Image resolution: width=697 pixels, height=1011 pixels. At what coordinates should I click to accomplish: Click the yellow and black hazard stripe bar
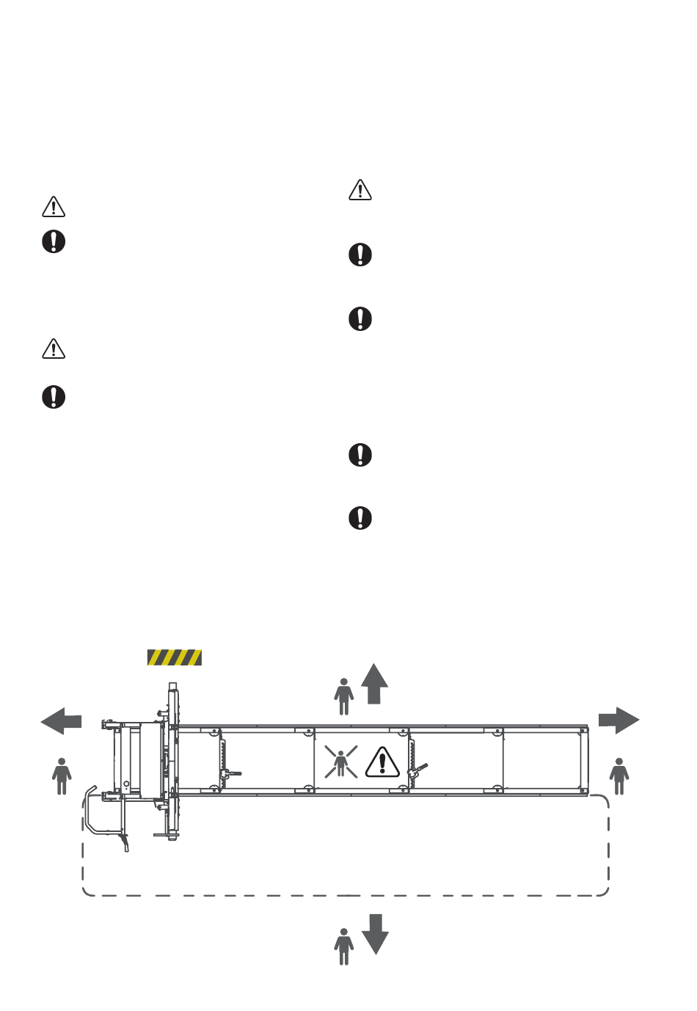click(x=175, y=657)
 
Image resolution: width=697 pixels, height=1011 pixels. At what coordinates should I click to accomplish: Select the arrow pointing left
click(x=61, y=721)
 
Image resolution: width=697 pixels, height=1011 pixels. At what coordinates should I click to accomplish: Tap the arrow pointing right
click(x=618, y=720)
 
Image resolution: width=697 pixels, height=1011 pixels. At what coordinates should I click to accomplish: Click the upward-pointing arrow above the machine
click(x=374, y=684)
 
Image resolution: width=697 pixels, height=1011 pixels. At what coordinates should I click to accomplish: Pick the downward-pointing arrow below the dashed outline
click(x=375, y=933)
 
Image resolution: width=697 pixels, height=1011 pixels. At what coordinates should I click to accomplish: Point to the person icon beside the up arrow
click(x=343, y=696)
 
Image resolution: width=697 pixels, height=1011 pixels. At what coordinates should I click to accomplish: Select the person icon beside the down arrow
click(x=343, y=946)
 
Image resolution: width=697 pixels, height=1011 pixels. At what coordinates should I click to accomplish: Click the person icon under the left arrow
click(x=62, y=776)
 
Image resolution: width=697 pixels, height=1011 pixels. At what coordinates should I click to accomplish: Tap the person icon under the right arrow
click(x=619, y=776)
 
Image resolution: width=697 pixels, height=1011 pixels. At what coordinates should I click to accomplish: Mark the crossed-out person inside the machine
click(x=341, y=762)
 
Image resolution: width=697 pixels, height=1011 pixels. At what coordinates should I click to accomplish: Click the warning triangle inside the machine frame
click(x=382, y=762)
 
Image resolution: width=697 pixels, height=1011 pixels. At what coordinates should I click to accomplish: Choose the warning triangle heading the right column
click(x=360, y=190)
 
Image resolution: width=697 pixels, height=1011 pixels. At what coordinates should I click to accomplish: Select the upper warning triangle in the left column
click(x=54, y=207)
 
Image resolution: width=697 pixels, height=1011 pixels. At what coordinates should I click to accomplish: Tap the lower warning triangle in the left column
click(x=54, y=348)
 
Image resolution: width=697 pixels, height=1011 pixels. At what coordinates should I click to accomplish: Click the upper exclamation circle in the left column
click(x=54, y=241)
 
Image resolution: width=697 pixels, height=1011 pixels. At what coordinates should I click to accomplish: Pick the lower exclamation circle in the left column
click(x=54, y=397)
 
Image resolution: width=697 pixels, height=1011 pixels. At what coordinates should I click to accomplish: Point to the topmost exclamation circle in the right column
click(x=360, y=255)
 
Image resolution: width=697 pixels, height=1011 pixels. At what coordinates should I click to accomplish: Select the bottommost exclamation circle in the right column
click(x=360, y=518)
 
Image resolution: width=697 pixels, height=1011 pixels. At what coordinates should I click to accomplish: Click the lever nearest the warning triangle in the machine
click(x=418, y=769)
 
